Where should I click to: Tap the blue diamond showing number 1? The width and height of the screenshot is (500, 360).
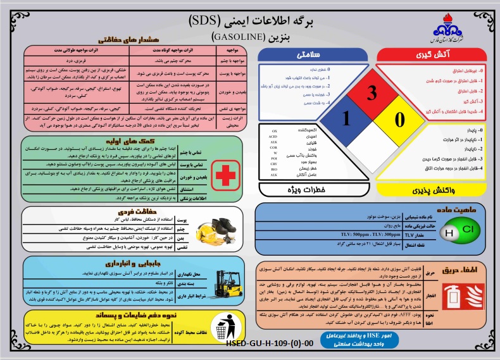[x=346, y=119]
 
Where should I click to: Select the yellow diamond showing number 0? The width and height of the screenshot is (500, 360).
[x=399, y=119]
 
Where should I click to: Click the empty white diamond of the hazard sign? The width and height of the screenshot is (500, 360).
[x=372, y=145]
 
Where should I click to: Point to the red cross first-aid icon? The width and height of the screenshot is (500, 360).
[x=225, y=170]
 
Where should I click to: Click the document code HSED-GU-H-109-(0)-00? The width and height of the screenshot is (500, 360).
[x=269, y=344]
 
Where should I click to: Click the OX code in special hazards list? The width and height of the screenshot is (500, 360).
[x=273, y=130]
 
